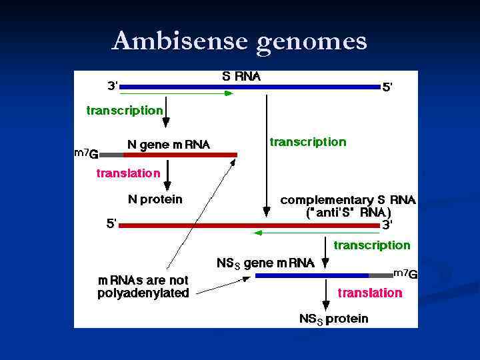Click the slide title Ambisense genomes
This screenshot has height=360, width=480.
pos(239,41)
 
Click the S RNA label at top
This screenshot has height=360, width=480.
pos(241,77)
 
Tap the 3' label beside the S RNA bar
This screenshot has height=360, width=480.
pos(113,85)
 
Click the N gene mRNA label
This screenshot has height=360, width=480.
pos(168,145)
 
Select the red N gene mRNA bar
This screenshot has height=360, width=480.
pos(180,155)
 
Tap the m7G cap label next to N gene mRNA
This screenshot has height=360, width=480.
pos(86,154)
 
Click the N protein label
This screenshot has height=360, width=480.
pos(155,199)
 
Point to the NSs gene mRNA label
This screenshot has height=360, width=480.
pos(265,263)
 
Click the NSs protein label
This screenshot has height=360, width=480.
pos(333,319)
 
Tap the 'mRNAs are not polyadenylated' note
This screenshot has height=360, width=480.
pos(143,287)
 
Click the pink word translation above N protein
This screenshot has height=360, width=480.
pos(129,173)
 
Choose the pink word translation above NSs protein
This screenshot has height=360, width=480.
pos(370,293)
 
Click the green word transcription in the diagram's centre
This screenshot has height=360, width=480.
pos(307,142)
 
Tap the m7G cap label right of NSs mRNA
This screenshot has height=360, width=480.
pos(405,274)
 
